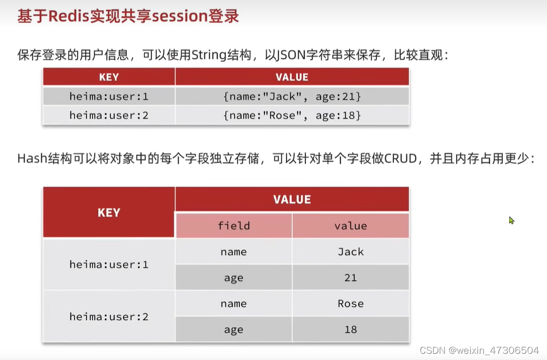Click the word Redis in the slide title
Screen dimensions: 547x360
(x=69, y=16)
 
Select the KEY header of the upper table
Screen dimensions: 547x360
(x=109, y=77)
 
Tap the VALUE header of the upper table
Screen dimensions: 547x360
(x=292, y=77)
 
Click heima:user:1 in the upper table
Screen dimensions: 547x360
(x=109, y=96)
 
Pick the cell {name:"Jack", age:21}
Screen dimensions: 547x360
(x=292, y=96)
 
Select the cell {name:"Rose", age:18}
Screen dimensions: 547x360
(x=292, y=115)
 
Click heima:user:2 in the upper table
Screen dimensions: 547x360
(x=109, y=115)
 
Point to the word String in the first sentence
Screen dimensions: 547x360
(x=209, y=55)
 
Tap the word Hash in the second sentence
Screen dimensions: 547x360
(x=32, y=159)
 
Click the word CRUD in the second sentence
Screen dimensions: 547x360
(x=401, y=159)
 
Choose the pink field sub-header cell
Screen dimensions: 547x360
(x=234, y=226)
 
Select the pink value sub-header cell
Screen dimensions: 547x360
(x=351, y=226)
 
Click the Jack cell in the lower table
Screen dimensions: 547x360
(x=351, y=252)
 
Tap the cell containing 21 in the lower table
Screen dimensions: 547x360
(x=351, y=277)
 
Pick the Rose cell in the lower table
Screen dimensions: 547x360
(x=351, y=303)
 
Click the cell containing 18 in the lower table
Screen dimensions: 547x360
(x=351, y=329)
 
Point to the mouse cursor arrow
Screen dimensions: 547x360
(x=511, y=220)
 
